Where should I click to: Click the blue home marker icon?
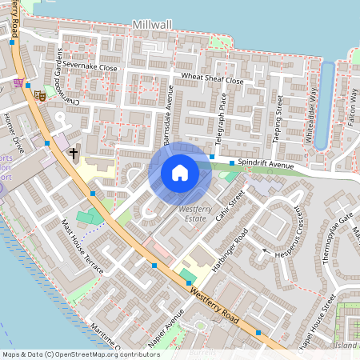tap(180, 173)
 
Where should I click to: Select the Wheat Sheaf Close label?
tap(212, 79)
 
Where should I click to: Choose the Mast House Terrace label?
tap(83, 244)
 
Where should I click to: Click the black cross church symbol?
tap(74, 152)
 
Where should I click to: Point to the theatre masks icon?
tap(38, 95)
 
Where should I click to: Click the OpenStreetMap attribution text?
tap(81, 354)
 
